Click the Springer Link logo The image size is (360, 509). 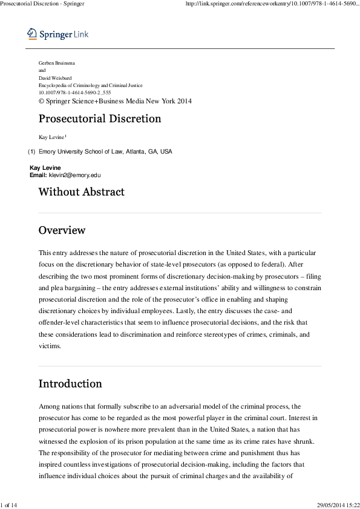pos(58,34)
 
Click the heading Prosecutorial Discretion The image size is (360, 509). pos(100,118)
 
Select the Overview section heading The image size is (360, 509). pos(62,230)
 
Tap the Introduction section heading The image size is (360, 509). pos(70,383)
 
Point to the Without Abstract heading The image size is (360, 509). pos(81,192)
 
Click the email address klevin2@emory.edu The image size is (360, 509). pos(74,174)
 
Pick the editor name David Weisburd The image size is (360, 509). pos(52,78)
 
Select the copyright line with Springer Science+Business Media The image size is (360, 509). pos(115,101)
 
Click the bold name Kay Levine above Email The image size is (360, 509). pos(45,167)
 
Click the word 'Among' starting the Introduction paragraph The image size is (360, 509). pos(48,406)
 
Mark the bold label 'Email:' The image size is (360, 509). pos(38,174)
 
